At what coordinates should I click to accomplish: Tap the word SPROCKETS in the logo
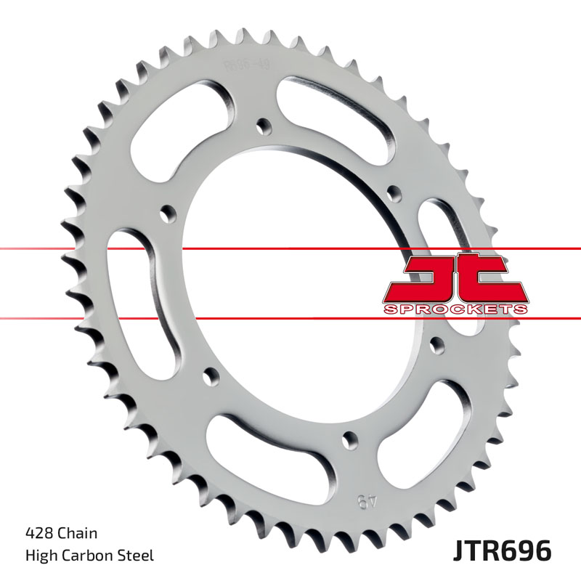coord(455,309)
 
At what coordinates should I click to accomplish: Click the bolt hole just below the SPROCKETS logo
coord(436,341)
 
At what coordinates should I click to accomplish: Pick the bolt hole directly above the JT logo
coord(394,192)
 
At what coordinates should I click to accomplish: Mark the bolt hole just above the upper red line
coord(167,216)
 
